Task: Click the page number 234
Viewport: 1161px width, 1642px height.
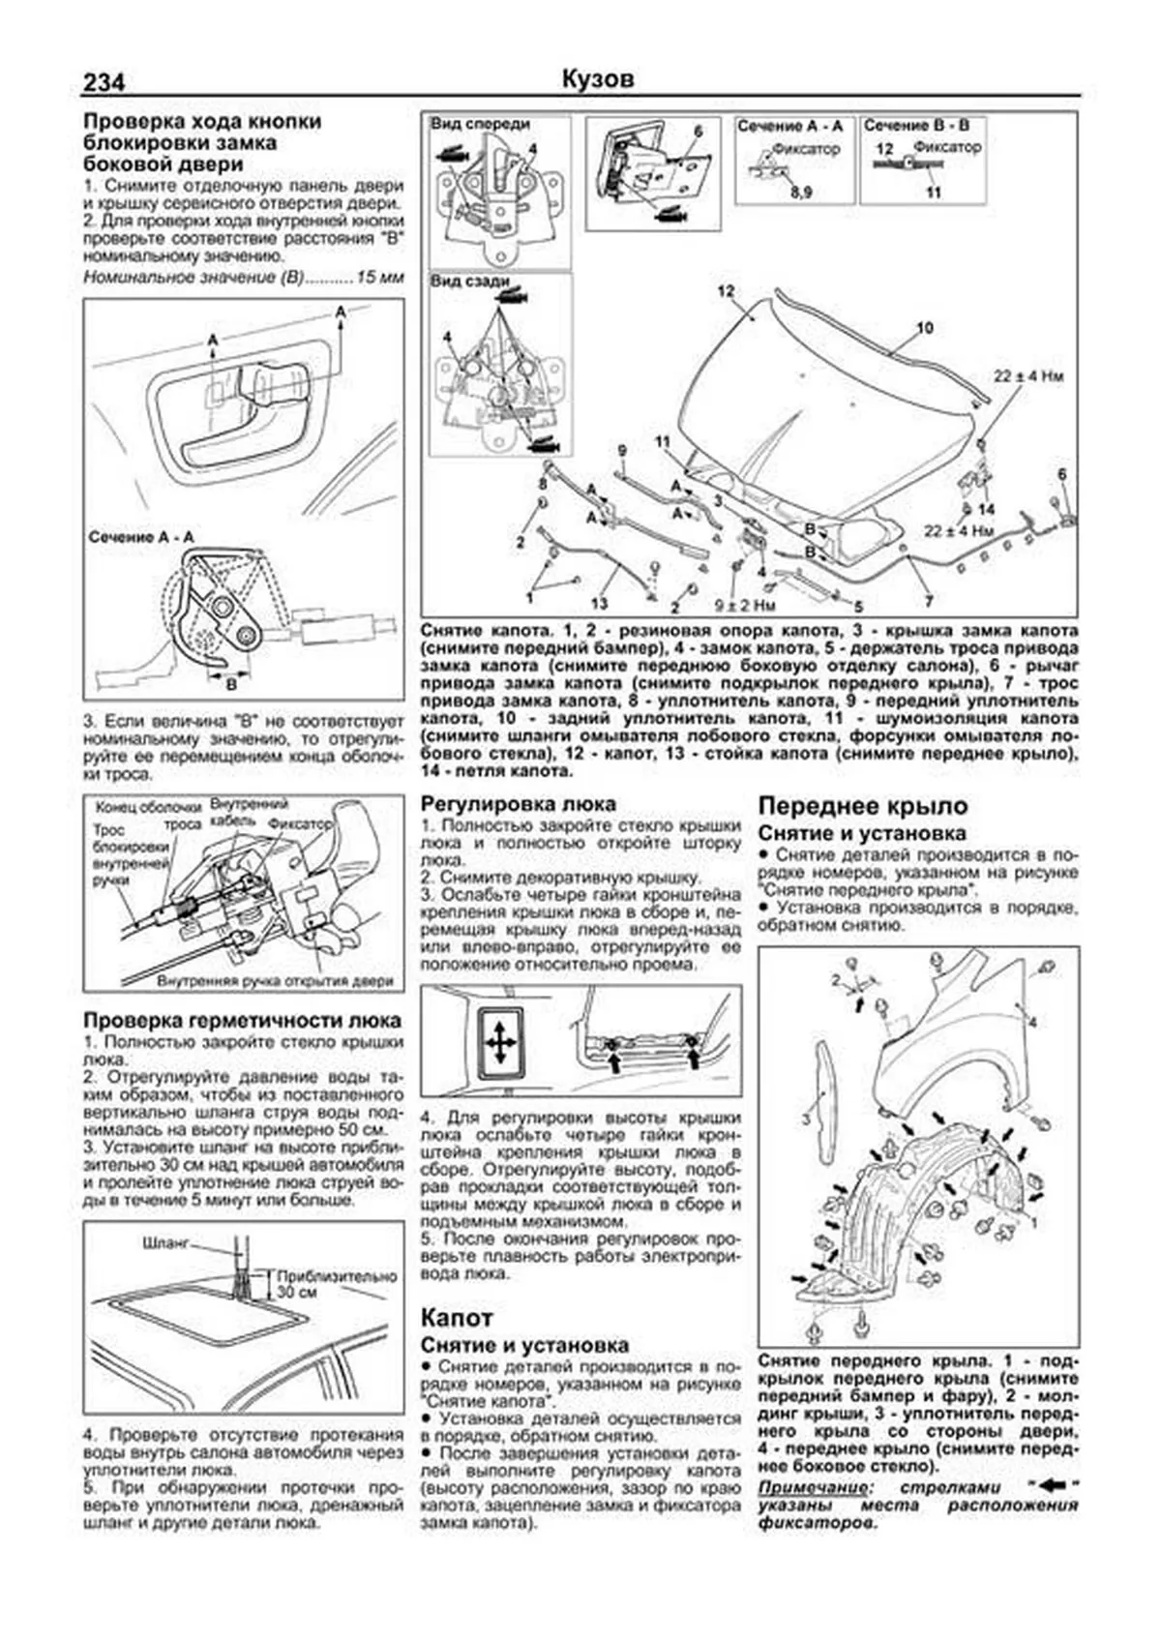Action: click(104, 83)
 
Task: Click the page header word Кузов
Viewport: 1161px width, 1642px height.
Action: click(597, 79)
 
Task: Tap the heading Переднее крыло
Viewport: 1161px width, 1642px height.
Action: click(862, 806)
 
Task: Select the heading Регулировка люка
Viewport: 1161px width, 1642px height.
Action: click(518, 804)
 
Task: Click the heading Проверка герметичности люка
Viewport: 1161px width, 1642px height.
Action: click(242, 1020)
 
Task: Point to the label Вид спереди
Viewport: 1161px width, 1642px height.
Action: click(480, 125)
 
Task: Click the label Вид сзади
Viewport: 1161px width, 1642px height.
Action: click(469, 282)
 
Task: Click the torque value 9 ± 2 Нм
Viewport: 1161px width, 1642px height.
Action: click(744, 606)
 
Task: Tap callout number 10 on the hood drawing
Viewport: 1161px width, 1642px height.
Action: click(924, 328)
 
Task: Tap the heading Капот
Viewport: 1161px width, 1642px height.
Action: click(457, 1317)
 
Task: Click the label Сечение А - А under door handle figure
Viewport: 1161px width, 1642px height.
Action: click(140, 536)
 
